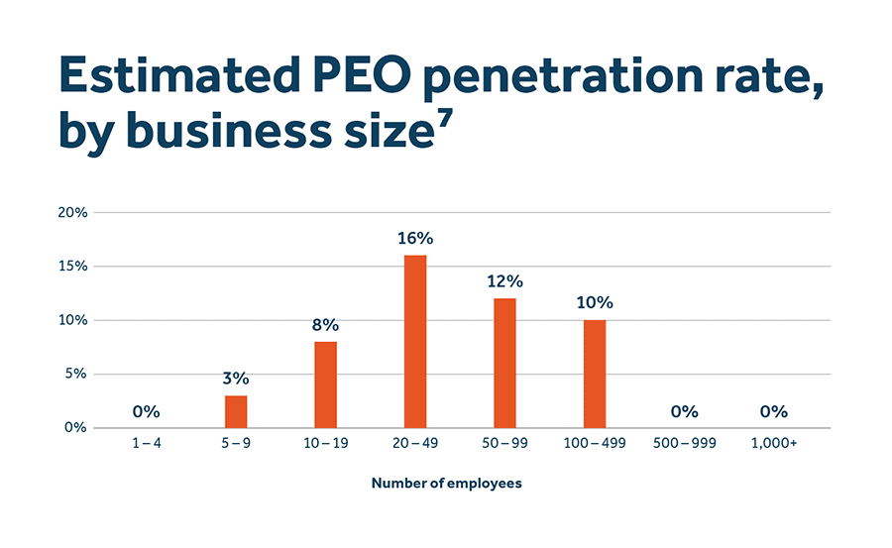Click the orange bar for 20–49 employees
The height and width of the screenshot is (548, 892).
coord(415,342)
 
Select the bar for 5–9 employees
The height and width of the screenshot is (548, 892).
coord(236,411)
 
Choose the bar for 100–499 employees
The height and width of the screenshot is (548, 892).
coord(594,374)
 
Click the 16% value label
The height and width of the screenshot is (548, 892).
coord(415,239)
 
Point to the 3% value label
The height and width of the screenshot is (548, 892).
coord(236,379)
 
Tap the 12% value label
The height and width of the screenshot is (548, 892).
coord(504,281)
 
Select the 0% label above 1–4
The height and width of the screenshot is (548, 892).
coord(146,411)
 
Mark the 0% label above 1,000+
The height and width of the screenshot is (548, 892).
coord(773,411)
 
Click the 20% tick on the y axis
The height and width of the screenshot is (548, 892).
coord(74,213)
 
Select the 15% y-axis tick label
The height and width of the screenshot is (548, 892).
coord(74,267)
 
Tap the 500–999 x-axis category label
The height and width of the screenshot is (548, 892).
coord(684,443)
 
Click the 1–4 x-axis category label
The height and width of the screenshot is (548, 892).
coord(146,443)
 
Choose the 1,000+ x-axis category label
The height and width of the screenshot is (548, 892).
coord(773,443)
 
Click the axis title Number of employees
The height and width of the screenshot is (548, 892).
coord(446,484)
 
